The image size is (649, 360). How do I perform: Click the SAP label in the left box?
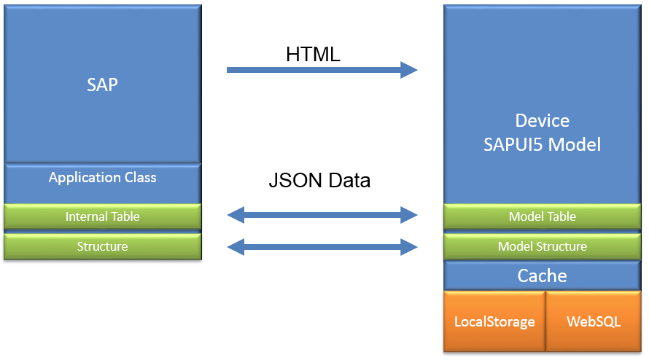point(102,85)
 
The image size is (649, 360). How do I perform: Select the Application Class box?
point(102,183)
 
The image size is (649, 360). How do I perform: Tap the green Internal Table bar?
point(102,216)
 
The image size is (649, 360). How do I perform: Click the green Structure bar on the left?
point(102,246)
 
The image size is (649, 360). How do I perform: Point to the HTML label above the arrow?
point(313,54)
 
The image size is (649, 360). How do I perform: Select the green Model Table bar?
point(542,216)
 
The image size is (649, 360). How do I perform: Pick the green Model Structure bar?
point(542,246)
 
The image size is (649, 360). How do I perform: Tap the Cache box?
point(542,275)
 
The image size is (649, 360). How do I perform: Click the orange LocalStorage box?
point(494,321)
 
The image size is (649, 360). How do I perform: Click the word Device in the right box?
point(542,121)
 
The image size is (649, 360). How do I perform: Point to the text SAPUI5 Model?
point(542,144)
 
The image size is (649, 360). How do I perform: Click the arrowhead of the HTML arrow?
point(409,70)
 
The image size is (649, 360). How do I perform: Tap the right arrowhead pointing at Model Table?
point(409,214)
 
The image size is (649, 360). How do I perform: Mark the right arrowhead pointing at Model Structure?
point(409,248)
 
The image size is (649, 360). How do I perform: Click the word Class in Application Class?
point(140,177)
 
